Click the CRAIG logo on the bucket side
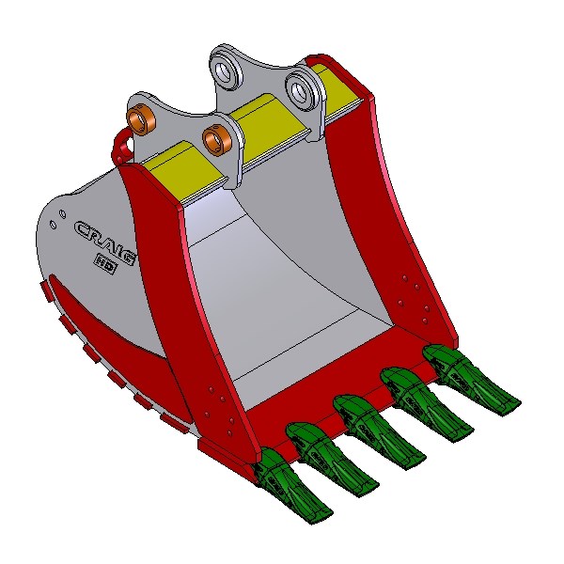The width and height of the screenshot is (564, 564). (105, 243)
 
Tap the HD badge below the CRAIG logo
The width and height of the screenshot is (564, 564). (105, 263)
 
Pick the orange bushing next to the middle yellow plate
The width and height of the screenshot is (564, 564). (217, 138)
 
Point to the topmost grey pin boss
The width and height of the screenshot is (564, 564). (227, 68)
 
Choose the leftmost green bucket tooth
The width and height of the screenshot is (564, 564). (288, 481)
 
